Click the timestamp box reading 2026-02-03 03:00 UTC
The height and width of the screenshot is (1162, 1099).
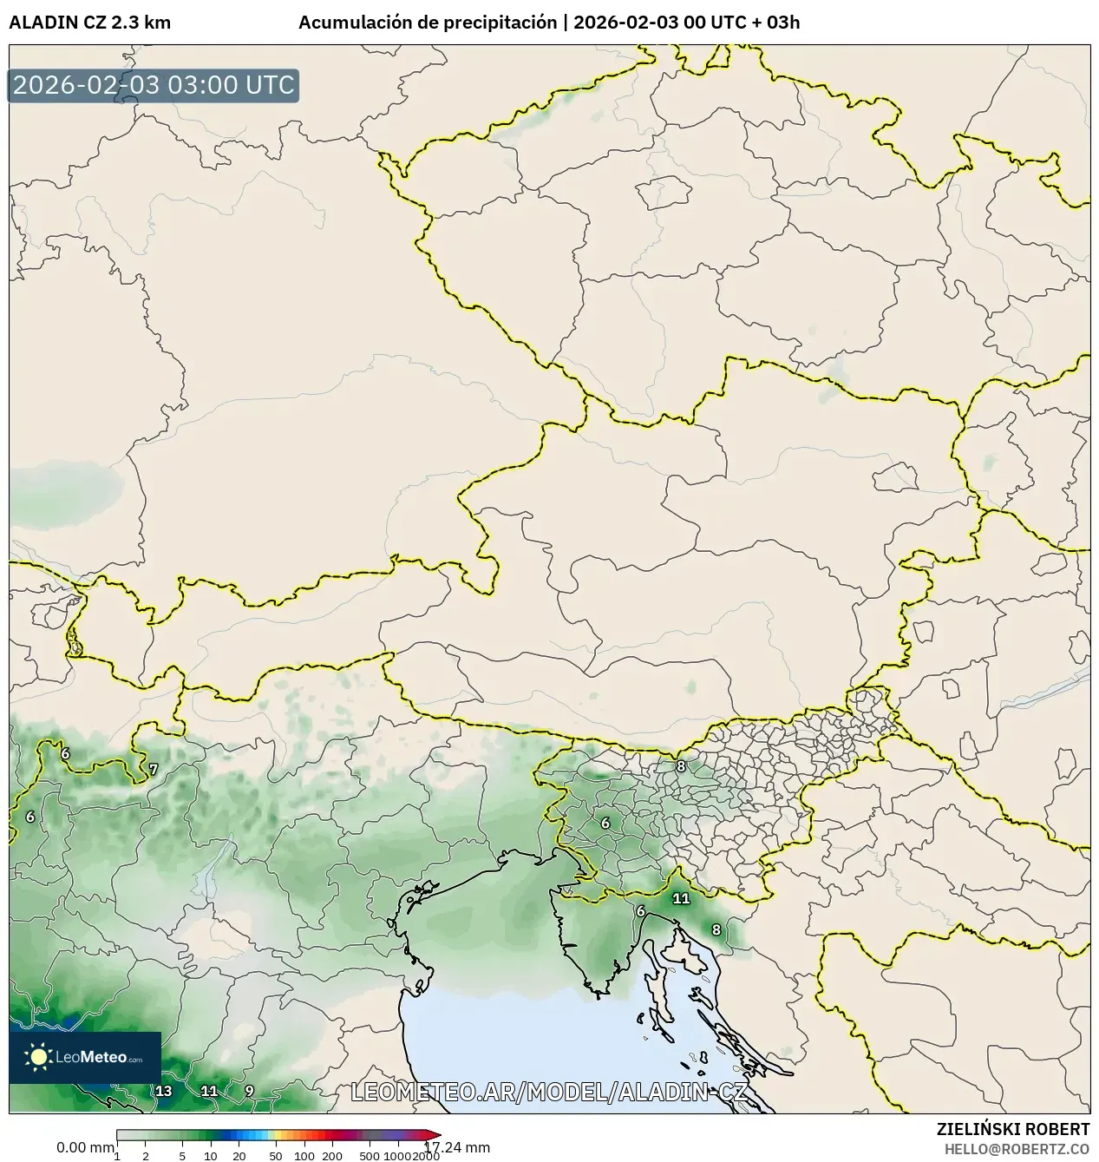pyautogui.click(x=154, y=85)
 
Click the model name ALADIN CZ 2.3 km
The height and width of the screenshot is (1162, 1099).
pyautogui.click(x=89, y=23)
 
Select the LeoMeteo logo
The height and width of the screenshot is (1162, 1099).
pyautogui.click(x=85, y=1057)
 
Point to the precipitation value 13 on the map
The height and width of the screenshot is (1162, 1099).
pyautogui.click(x=163, y=1091)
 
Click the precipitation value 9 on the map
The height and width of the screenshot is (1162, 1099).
pyautogui.click(x=249, y=1091)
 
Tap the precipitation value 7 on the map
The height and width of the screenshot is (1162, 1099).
pyautogui.click(x=154, y=769)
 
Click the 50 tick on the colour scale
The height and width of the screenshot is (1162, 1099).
pyautogui.click(x=276, y=1155)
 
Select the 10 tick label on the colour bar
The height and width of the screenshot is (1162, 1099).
pyautogui.click(x=211, y=1155)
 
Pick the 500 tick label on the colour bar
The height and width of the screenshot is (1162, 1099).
pyautogui.click(x=370, y=1155)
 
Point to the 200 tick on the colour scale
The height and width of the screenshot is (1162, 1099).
pyautogui.click(x=332, y=1155)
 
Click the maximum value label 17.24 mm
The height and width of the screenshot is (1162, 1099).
pyautogui.click(x=456, y=1147)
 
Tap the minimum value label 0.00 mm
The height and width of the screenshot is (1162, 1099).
pyautogui.click(x=85, y=1147)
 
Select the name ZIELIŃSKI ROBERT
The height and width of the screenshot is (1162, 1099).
pyautogui.click(x=1012, y=1129)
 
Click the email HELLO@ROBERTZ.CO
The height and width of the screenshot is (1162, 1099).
pyautogui.click(x=1017, y=1148)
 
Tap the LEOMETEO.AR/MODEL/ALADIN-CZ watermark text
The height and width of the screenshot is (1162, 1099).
pyautogui.click(x=548, y=1092)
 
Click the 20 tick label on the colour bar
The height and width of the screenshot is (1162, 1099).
pyautogui.click(x=239, y=1155)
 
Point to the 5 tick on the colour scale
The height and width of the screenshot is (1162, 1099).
pyautogui.click(x=182, y=1155)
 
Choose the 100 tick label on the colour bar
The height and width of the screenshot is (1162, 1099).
pyautogui.click(x=304, y=1155)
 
